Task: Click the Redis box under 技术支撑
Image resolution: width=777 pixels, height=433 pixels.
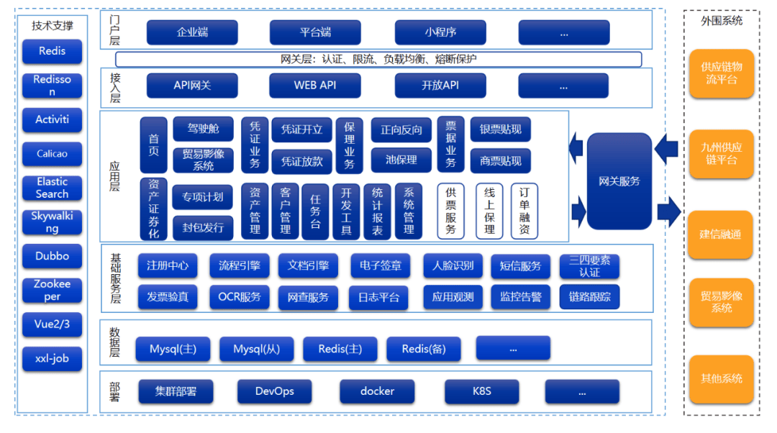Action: [52, 51]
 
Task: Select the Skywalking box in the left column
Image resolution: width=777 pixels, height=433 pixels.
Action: [52, 222]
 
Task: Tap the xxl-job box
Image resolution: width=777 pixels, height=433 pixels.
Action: [52, 358]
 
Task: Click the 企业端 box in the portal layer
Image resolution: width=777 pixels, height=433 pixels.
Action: [192, 32]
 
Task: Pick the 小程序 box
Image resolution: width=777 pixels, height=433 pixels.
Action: [440, 32]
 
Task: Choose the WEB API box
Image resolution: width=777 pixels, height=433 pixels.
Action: [314, 86]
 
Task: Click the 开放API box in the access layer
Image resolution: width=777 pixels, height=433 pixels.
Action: [440, 86]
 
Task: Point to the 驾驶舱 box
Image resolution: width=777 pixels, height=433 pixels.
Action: [203, 129]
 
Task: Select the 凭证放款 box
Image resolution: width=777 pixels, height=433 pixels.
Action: [301, 162]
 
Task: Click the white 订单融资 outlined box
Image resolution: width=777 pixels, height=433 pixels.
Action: [524, 211]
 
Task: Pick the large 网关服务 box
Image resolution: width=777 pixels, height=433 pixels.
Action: [619, 181]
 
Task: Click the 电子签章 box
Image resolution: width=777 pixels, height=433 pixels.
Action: [381, 266]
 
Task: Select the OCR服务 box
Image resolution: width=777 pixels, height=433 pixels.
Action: [240, 296]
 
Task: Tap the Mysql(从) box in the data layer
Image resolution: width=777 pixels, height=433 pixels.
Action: [257, 350]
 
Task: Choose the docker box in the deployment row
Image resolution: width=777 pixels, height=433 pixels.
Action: [377, 391]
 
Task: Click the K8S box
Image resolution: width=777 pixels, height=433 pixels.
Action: [481, 391]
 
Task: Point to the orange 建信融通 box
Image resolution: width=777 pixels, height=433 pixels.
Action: [721, 234]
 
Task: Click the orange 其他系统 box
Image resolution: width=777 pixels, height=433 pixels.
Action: [721, 378]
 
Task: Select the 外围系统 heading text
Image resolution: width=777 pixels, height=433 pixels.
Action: [721, 21]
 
